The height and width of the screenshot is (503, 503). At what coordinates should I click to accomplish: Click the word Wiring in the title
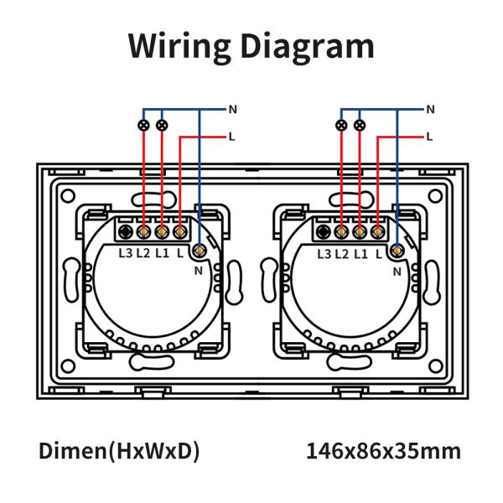click(179, 46)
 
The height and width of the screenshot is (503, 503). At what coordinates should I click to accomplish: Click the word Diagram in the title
click(308, 46)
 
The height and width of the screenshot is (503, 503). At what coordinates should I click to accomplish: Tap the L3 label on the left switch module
click(126, 253)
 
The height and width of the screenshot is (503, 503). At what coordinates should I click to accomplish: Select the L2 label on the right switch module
click(342, 254)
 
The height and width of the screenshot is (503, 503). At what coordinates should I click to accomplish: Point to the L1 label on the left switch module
click(163, 253)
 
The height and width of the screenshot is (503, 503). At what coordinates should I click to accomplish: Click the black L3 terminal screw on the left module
click(126, 231)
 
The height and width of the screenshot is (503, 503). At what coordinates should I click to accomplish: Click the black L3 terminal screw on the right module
click(324, 231)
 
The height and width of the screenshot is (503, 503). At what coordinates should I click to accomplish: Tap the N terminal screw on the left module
click(200, 250)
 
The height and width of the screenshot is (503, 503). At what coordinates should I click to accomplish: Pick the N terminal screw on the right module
click(397, 250)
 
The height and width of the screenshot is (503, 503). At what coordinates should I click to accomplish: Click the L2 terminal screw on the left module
click(143, 231)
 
